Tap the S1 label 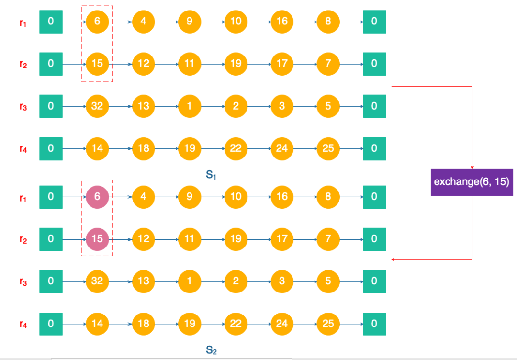pos(212,175)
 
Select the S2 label pos(212,350)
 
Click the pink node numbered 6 pos(97,197)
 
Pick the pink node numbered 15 pos(97,238)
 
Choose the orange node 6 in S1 pos(97,22)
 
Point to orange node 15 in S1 pos(97,64)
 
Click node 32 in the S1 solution pos(97,106)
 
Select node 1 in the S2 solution pos(190,281)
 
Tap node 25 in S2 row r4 pos(328,324)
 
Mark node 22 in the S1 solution pos(236,148)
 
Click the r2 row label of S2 pos(23,239)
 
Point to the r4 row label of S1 pos(23,149)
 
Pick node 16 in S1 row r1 pos(282,22)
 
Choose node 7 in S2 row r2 pos(328,238)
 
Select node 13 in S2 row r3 pos(144,281)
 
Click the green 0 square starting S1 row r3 pos(51,106)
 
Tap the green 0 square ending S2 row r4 pos(374,324)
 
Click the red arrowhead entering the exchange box pos(472,166)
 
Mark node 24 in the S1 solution pos(282,148)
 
